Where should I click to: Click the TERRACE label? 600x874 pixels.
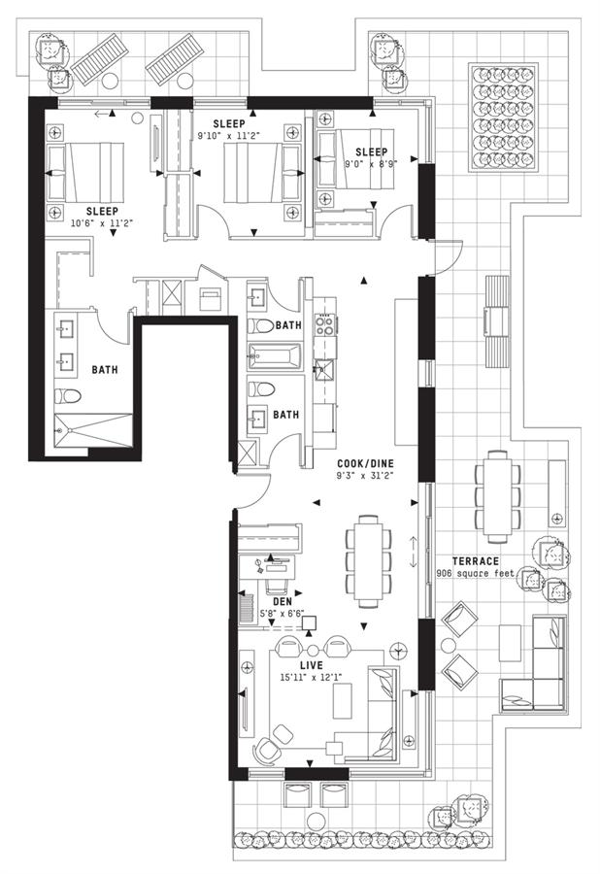(475, 560)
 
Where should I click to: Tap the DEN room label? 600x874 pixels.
(283, 602)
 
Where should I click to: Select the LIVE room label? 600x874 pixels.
(312, 665)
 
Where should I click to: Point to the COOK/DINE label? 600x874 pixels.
(365, 463)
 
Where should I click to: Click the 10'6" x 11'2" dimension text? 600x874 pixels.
(103, 222)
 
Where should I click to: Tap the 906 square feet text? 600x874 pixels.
(475, 574)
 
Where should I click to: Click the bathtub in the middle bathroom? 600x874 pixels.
(275, 356)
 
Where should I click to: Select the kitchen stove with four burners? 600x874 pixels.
(325, 324)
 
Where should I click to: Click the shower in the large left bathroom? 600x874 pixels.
(93, 430)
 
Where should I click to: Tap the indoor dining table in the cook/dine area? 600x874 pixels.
(368, 560)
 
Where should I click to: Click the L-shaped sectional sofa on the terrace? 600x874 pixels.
(534, 663)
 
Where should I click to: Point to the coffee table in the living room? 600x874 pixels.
(342, 700)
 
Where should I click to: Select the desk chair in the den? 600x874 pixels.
(277, 585)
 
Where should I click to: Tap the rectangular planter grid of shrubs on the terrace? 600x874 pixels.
(503, 118)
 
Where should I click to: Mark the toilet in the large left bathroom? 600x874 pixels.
(67, 396)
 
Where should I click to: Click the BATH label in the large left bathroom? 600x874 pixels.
(105, 370)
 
